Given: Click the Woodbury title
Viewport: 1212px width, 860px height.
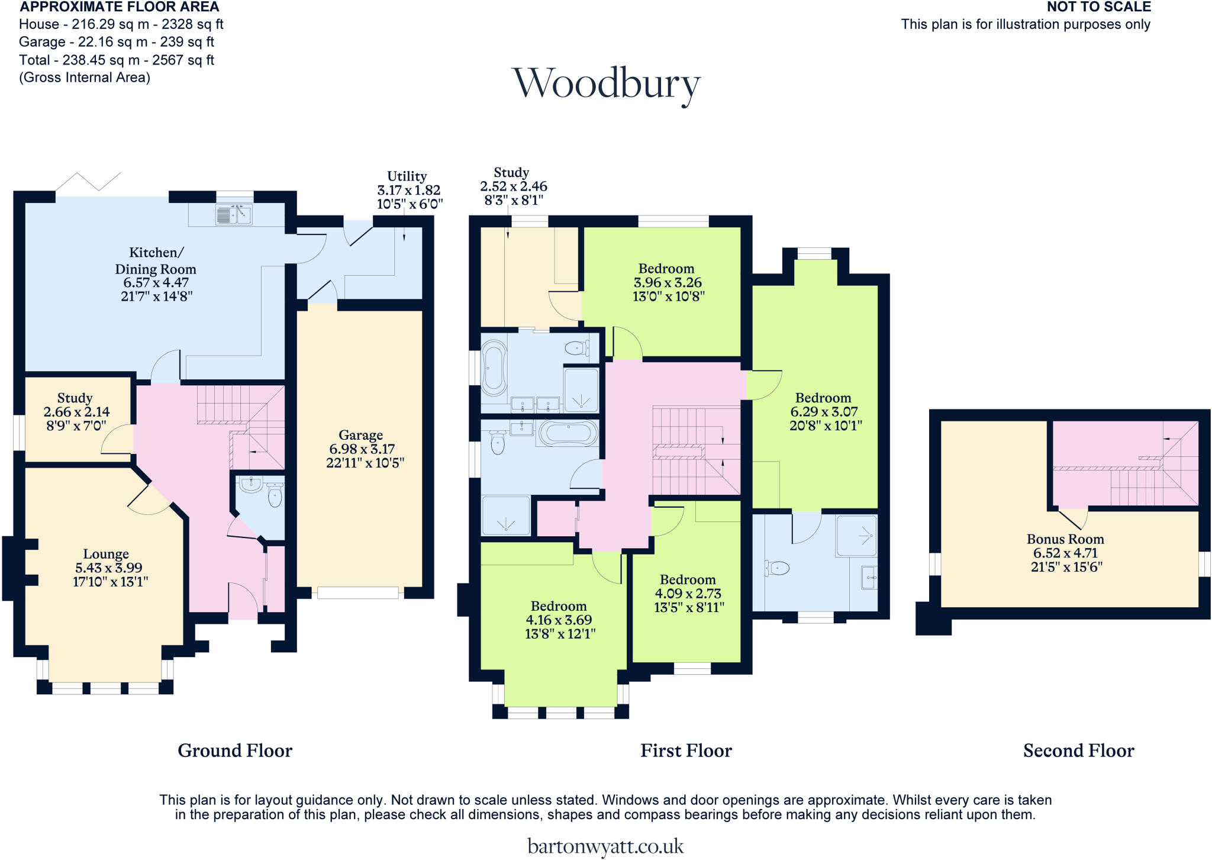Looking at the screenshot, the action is pyautogui.click(x=606, y=84).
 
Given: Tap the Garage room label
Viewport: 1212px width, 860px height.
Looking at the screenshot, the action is pyautogui.click(x=360, y=436).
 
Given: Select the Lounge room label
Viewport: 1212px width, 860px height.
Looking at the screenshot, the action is pyautogui.click(x=106, y=554).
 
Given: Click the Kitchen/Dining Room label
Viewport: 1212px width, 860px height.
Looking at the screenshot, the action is pyautogui.click(x=156, y=261).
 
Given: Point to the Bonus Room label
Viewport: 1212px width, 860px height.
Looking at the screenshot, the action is pyautogui.click(x=1065, y=539).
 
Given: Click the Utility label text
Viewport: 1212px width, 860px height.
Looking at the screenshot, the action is pyautogui.click(x=407, y=176).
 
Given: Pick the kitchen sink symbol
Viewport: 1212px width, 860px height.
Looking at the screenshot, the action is pyautogui.click(x=234, y=215).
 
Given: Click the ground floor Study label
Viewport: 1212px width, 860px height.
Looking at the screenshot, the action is pyautogui.click(x=75, y=398).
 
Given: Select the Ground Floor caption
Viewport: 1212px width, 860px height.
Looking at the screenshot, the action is pyautogui.click(x=235, y=751).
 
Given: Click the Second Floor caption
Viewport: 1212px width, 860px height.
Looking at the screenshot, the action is pyautogui.click(x=1078, y=751).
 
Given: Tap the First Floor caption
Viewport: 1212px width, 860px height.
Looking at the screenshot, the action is pyautogui.click(x=686, y=751).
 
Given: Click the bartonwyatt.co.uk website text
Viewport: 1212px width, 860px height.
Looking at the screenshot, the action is pyautogui.click(x=605, y=846).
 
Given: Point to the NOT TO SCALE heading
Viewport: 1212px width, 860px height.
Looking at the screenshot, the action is pyautogui.click(x=1098, y=7).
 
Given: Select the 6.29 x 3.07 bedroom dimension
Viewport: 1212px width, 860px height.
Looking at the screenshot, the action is pyautogui.click(x=824, y=412).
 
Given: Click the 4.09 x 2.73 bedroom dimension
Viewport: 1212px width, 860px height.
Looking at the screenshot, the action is pyautogui.click(x=688, y=594).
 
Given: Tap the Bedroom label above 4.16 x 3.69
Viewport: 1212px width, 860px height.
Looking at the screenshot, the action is pyautogui.click(x=559, y=606).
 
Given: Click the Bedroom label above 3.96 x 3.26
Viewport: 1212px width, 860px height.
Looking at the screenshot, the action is pyautogui.click(x=666, y=269).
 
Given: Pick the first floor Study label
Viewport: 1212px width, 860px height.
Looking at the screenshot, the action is pyautogui.click(x=511, y=173).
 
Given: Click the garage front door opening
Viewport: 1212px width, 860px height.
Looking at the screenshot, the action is pyautogui.click(x=358, y=592).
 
